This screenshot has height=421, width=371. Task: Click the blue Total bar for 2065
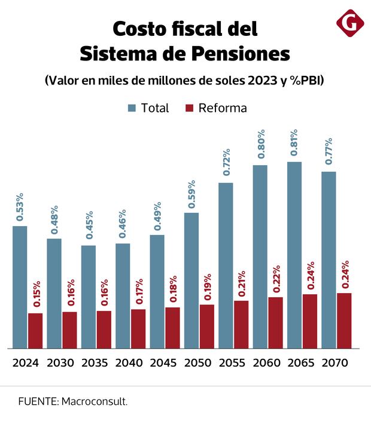pos(294,255)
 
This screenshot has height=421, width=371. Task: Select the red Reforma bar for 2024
pos(35,330)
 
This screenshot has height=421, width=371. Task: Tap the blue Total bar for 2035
pos(89,297)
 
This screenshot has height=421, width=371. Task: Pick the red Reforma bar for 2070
pos(343,320)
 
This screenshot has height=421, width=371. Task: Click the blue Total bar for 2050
pos(191,280)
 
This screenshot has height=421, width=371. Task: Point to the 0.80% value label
pos(260,144)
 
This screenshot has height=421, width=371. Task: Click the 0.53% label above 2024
pos(20,207)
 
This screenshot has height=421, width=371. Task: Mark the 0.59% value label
pos(191,194)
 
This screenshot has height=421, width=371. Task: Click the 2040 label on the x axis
pos(128,364)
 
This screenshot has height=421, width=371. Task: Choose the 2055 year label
pos(232,364)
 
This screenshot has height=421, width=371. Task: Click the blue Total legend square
pos(132,108)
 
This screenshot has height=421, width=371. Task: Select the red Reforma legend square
pos(190,108)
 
